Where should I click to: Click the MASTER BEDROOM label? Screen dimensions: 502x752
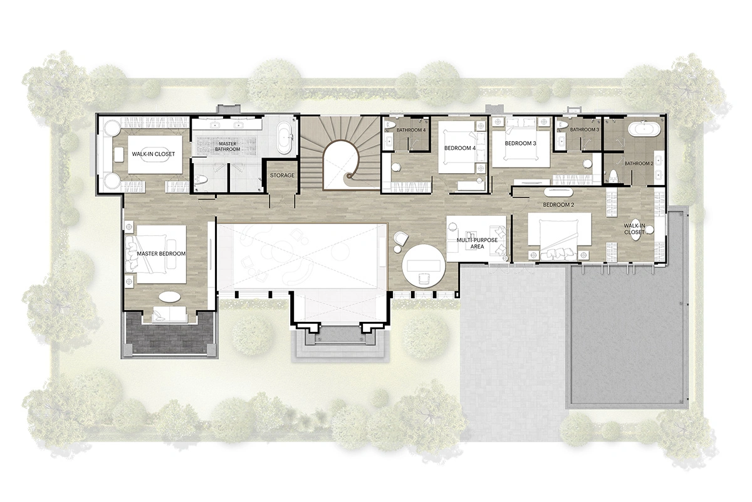(162, 254)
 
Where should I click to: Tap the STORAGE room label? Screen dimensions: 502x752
(282, 175)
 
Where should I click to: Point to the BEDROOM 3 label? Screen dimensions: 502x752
(521, 143)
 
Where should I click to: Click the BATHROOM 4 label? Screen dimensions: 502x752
(411, 130)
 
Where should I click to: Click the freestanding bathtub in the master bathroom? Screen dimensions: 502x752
(286, 139)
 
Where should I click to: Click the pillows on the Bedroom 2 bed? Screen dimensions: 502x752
(558, 253)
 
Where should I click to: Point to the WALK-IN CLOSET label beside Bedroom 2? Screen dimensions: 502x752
(634, 229)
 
